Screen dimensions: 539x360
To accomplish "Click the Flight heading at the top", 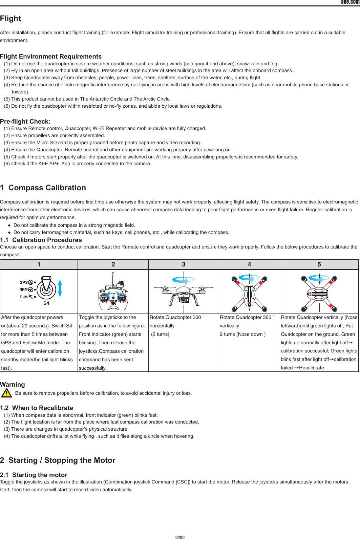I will click(x=10, y=19).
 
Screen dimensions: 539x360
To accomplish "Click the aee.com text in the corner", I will click(x=350, y=2).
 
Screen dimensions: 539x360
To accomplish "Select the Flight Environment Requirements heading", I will click(x=51, y=57).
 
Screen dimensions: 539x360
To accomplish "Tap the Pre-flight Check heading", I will click(x=25, y=122).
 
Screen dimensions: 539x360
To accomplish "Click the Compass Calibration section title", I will click(x=43, y=188).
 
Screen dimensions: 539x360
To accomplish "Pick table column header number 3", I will click(x=184, y=264).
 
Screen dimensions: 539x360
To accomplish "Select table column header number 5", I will click(x=319, y=264).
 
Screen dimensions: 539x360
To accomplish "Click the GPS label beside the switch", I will click(x=24, y=282).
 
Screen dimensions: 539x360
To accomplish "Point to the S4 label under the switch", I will click(x=46, y=303).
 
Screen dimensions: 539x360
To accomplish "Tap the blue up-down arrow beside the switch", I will click(x=60, y=288).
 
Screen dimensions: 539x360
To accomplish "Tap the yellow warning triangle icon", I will click(x=6, y=393).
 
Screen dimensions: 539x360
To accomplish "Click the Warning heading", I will click(x=13, y=385).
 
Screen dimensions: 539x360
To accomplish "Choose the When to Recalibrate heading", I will click(x=37, y=408).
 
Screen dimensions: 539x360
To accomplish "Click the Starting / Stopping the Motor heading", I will click(x=58, y=460).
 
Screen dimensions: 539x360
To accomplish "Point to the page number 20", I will click(x=180, y=537).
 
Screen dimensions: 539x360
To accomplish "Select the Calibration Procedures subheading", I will click(x=41, y=240).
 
